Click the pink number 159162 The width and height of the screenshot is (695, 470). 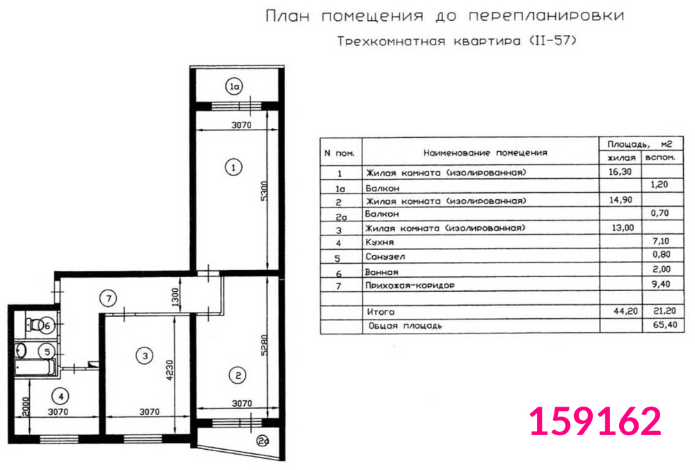click(596, 421)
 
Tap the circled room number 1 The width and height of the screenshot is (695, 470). click(234, 167)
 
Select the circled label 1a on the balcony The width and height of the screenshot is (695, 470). click(234, 86)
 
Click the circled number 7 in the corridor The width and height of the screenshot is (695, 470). click(109, 298)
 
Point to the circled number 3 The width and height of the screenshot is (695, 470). click(145, 356)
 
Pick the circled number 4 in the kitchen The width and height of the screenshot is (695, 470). click(61, 396)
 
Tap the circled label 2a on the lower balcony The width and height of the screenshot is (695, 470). click(263, 441)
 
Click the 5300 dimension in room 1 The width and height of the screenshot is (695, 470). click(264, 191)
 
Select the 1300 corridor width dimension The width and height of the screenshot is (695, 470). click(175, 297)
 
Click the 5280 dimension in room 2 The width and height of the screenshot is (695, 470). click(264, 345)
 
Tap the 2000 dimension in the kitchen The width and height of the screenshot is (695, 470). click(25, 407)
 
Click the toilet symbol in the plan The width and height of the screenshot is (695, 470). click(33, 324)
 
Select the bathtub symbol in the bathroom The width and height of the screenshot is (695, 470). click(34, 367)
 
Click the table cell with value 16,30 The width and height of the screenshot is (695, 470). click(620, 171)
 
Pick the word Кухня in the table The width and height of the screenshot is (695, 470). click(379, 242)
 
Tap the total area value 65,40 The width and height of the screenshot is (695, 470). click(665, 325)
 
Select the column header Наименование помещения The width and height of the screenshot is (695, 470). click(486, 152)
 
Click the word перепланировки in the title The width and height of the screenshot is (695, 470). click(547, 16)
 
